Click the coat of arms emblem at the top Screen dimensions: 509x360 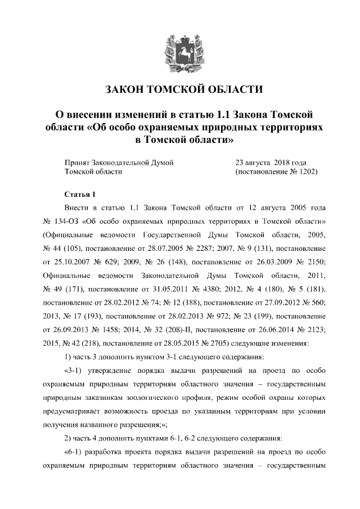pyautogui.click(x=179, y=52)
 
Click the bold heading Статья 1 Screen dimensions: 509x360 pyautogui.click(x=81, y=195)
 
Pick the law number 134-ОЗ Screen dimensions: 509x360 pyautogui.click(x=70, y=219)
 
